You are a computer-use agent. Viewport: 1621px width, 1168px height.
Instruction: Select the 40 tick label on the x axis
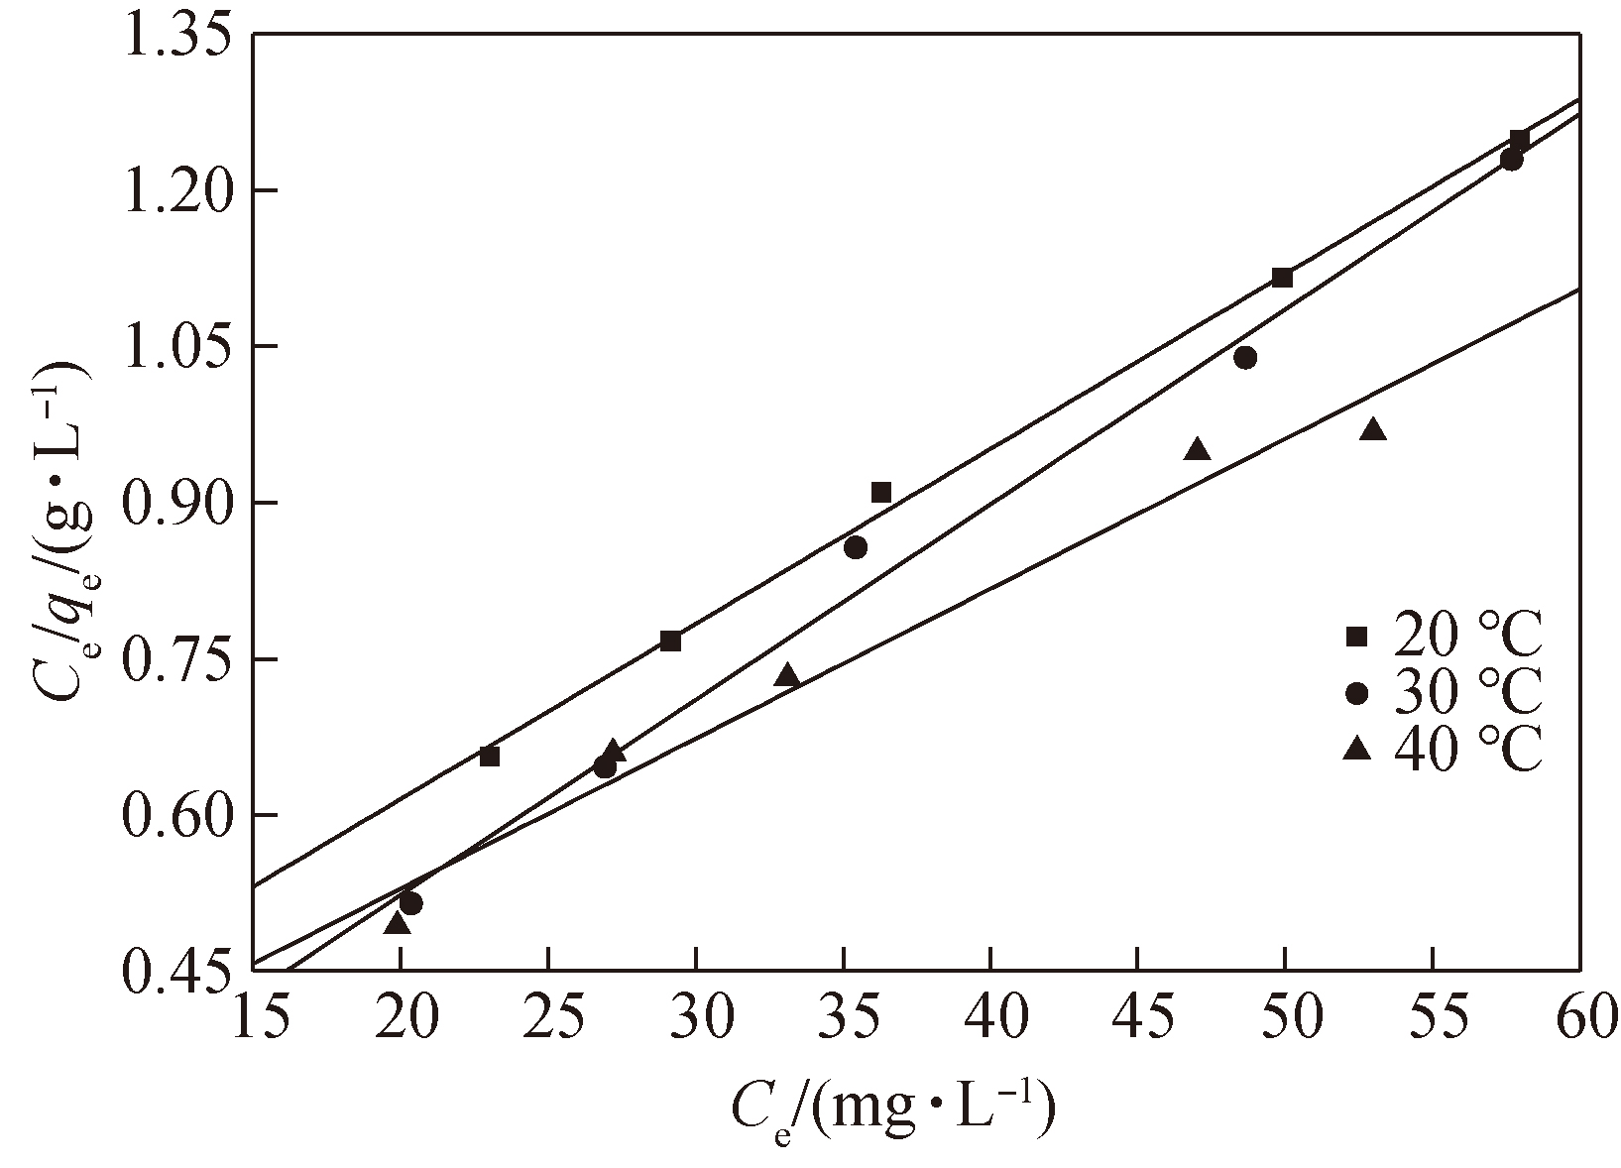(990, 1019)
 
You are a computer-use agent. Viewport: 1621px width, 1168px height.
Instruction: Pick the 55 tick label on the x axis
(1433, 1019)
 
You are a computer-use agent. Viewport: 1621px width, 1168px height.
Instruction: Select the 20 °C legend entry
(1444, 637)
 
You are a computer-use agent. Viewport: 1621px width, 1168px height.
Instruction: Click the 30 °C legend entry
(1444, 692)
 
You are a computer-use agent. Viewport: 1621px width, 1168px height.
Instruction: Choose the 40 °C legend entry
(1444, 749)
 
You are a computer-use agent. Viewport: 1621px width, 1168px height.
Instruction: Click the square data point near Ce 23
(489, 757)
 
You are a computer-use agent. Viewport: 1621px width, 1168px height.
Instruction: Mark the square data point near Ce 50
(1282, 278)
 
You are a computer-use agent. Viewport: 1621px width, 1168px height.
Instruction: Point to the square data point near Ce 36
(881, 493)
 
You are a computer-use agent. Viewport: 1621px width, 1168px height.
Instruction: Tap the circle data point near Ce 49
(1246, 357)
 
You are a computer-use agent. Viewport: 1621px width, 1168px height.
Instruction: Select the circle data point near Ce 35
(856, 547)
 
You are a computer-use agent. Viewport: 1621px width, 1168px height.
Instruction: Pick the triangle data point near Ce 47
(1198, 450)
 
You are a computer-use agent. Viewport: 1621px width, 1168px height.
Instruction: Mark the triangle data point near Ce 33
(787, 676)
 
